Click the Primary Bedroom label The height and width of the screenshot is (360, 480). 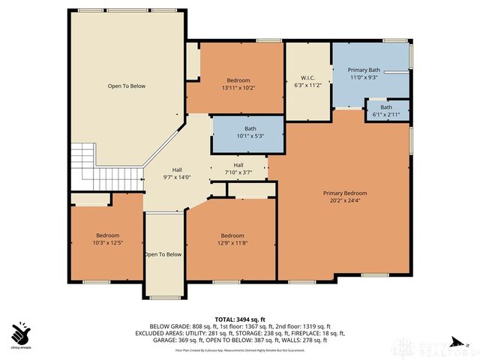pyautogui.click(x=345, y=193)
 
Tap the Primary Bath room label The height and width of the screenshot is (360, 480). pyautogui.click(x=364, y=70)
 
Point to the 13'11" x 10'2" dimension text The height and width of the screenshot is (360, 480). pyautogui.click(x=238, y=88)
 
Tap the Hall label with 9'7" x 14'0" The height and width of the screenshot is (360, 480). pyautogui.click(x=177, y=169)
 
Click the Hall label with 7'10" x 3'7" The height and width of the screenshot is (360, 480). pyautogui.click(x=238, y=165)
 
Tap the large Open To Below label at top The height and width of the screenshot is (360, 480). pyautogui.click(x=126, y=86)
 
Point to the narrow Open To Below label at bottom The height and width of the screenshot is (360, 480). pyautogui.click(x=163, y=254)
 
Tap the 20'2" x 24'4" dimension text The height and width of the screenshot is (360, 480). pyautogui.click(x=345, y=200)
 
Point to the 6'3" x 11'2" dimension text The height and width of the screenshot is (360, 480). pyautogui.click(x=309, y=85)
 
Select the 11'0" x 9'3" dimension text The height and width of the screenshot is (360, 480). pyautogui.click(x=364, y=77)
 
